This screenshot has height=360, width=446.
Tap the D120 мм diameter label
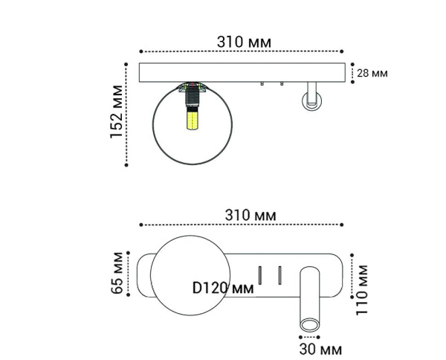point(222,288)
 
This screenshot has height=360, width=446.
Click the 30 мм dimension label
point(320,348)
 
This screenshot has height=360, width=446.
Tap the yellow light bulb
point(193,121)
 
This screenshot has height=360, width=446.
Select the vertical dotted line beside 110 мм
point(353,284)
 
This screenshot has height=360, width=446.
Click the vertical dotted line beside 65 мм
point(129,274)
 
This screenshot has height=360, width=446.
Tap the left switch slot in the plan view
point(260,274)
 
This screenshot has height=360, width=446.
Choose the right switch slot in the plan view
point(279,274)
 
